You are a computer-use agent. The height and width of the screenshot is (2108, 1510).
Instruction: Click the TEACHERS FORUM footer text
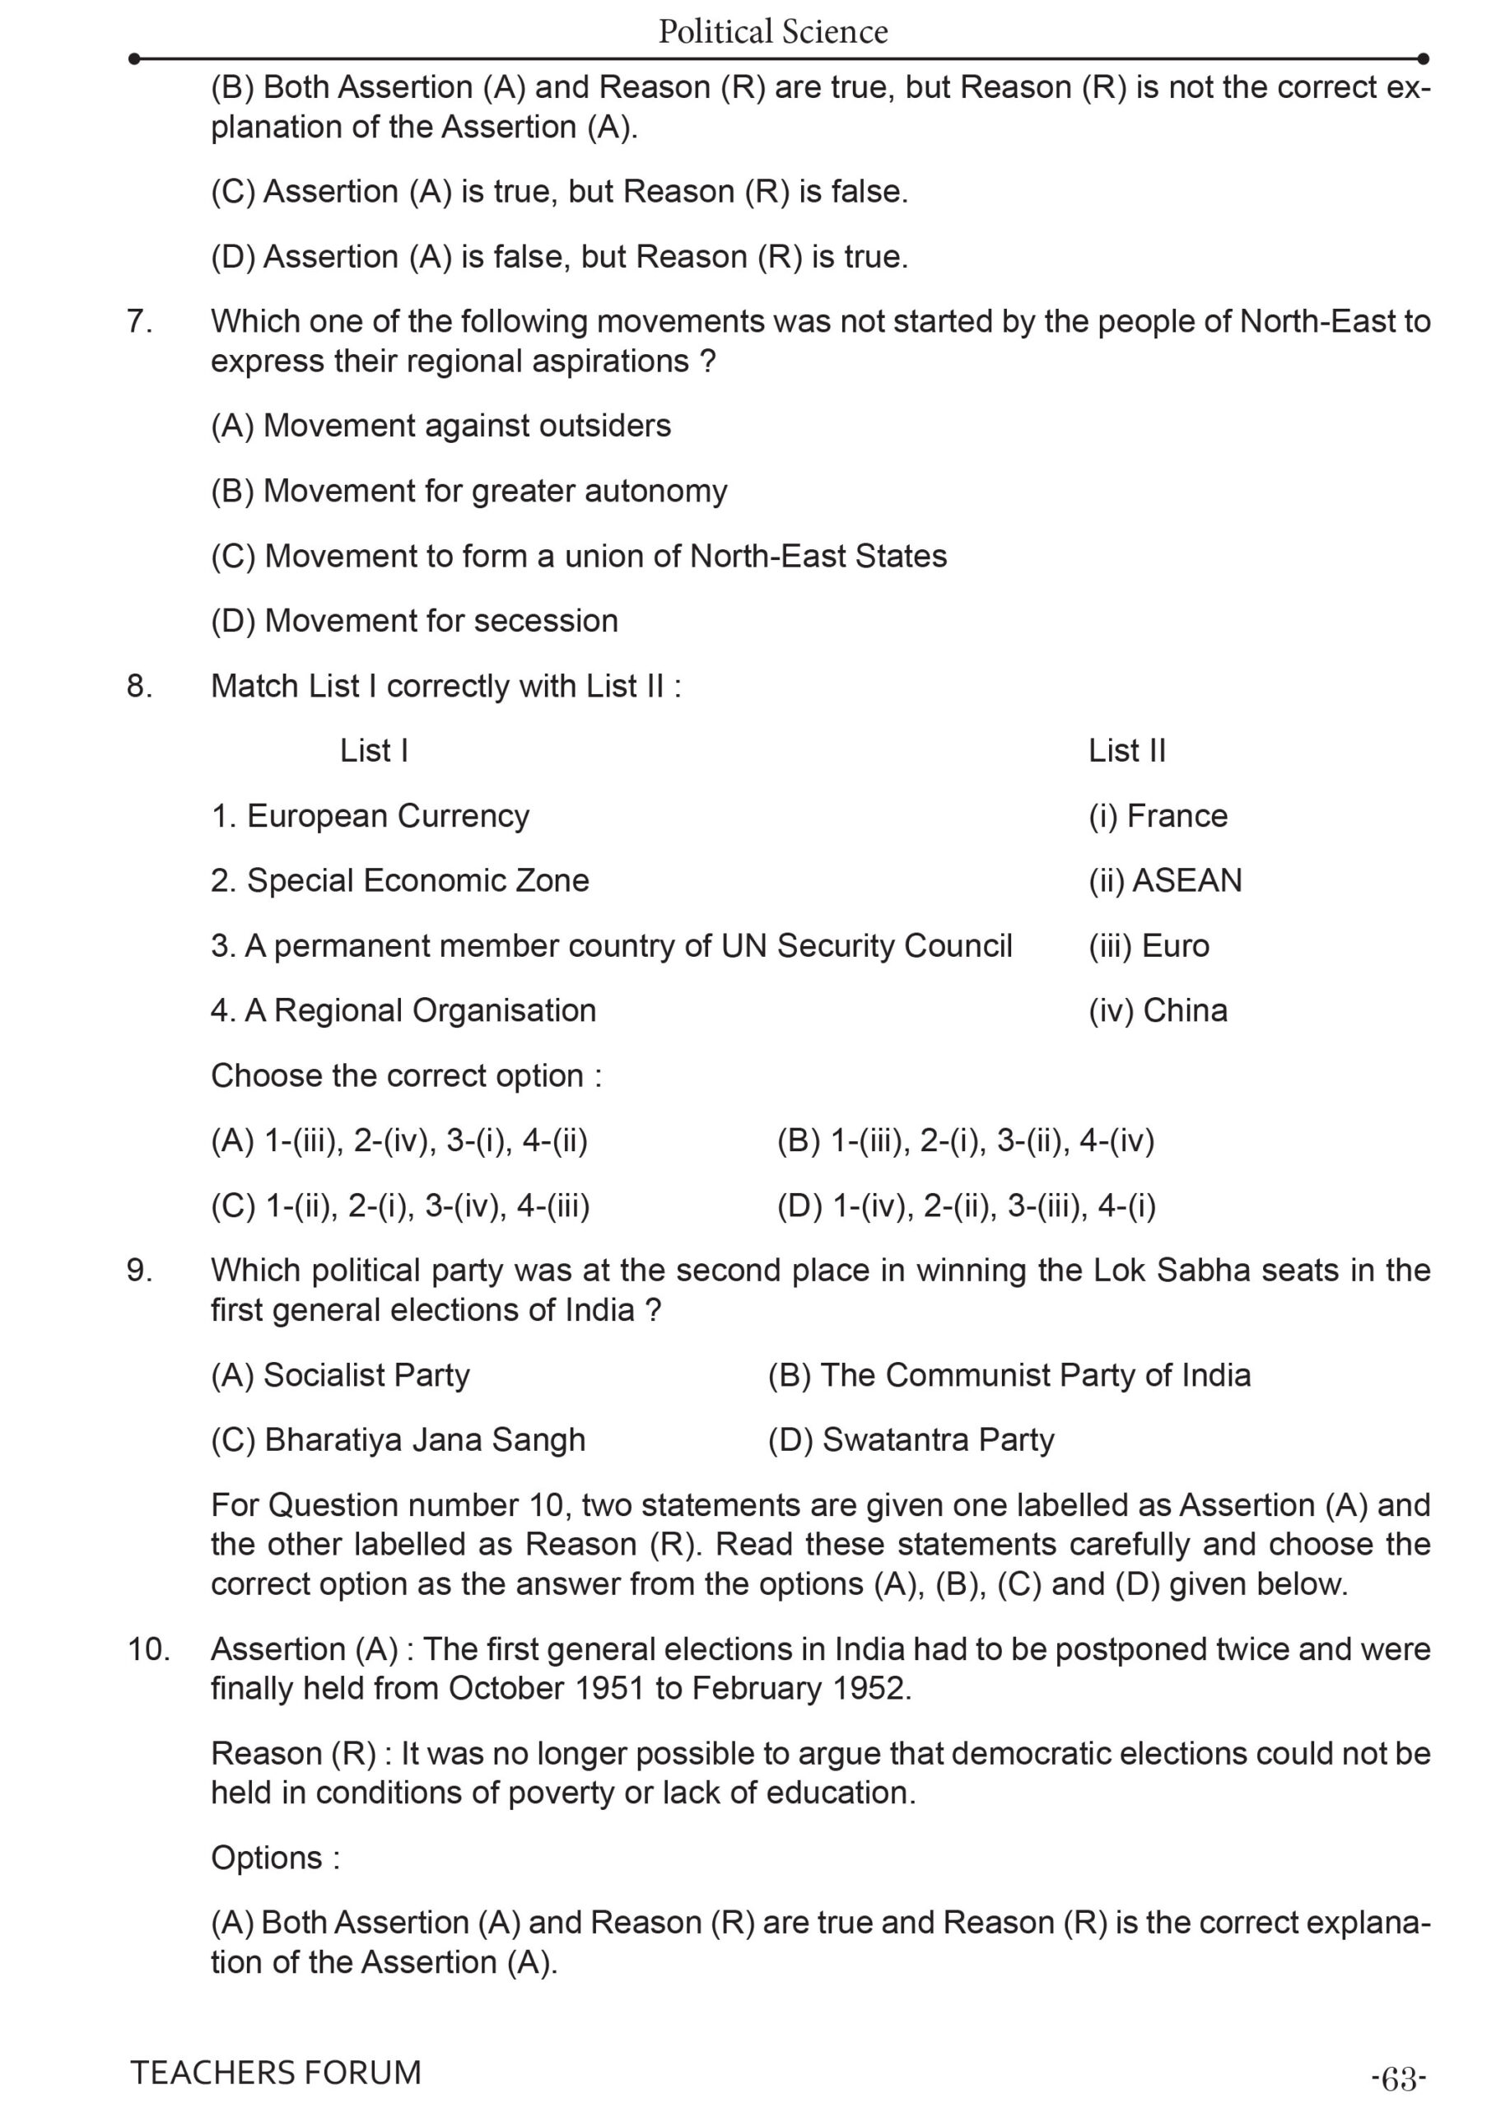point(276,2072)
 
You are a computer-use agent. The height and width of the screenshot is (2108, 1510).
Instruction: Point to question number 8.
point(139,686)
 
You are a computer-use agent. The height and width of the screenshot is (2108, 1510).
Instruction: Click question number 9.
point(139,1271)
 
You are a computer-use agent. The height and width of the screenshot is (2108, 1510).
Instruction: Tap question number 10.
point(147,1649)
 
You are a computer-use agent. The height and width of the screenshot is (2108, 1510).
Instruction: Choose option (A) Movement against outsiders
point(440,426)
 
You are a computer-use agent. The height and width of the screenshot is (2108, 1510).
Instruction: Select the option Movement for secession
point(414,621)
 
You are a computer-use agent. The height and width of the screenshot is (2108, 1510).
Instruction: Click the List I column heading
point(374,751)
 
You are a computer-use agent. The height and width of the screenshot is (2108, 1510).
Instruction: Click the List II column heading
point(1126,751)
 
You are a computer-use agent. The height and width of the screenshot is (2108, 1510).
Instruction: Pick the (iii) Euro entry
point(1149,946)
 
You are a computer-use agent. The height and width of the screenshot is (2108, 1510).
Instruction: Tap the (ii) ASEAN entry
point(1164,881)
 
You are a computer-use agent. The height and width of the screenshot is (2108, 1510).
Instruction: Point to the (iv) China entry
point(1158,1010)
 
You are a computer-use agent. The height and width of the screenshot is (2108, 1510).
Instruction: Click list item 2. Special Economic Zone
point(399,881)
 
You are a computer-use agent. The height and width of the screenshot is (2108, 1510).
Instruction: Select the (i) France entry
point(1158,816)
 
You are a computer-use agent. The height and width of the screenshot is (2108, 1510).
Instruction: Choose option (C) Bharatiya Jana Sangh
point(398,1439)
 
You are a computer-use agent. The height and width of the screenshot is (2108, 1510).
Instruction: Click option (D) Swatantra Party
point(910,1439)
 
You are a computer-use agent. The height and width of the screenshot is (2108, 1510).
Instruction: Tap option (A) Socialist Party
point(340,1374)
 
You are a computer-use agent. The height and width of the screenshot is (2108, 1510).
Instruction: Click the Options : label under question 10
point(275,1857)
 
